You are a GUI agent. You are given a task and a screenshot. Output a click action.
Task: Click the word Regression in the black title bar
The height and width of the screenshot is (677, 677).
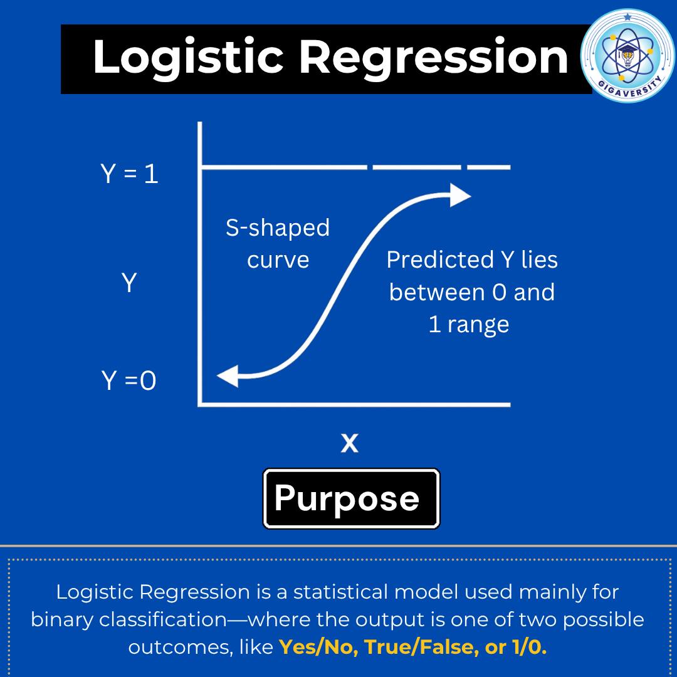(433, 58)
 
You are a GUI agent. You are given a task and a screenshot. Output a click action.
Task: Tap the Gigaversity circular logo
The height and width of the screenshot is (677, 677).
(627, 55)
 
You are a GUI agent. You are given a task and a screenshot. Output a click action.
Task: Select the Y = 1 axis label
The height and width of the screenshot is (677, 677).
(129, 174)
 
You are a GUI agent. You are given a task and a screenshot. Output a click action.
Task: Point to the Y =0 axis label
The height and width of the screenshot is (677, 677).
(129, 380)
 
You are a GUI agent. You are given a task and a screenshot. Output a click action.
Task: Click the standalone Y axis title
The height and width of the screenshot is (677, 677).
(129, 283)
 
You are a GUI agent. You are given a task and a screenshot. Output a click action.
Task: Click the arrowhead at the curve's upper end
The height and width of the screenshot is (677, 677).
(460, 196)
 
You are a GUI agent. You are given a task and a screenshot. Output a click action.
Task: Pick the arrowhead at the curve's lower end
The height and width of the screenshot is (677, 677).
(227, 376)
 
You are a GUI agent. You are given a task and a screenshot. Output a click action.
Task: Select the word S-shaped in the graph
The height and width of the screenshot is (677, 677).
(278, 228)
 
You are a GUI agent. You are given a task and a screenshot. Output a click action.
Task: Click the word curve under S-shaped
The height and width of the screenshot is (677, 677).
(278, 260)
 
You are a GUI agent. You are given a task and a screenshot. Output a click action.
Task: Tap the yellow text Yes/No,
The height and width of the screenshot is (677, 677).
(318, 648)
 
